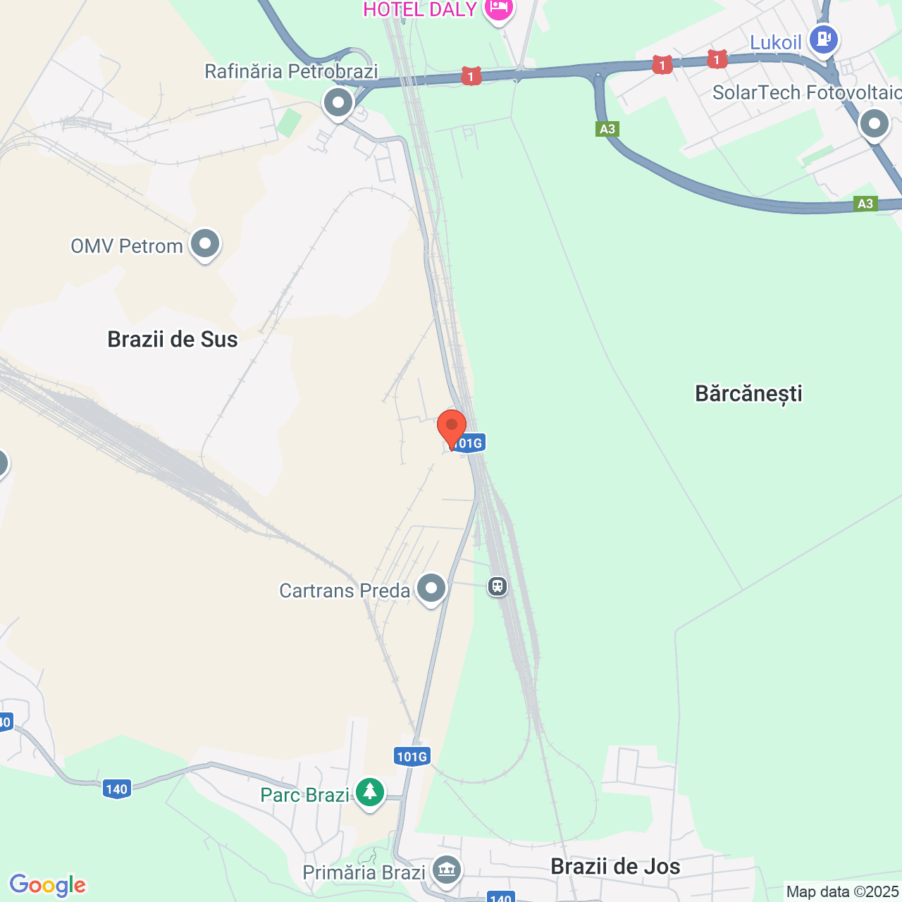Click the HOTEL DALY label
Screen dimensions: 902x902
coord(420,9)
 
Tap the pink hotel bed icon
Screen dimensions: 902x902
coord(499,8)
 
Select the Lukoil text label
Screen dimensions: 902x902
coord(775,42)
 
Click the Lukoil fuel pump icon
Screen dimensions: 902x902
coord(823,39)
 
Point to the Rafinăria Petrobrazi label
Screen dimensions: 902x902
coord(291,71)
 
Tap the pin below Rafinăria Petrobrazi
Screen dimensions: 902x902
coord(338,104)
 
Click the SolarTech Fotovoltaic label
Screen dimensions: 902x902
coord(806,92)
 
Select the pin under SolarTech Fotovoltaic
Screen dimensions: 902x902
coord(875,125)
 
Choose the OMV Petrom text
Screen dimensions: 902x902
coord(127,246)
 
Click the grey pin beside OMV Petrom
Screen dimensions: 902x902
coord(205,245)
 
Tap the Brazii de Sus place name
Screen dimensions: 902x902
coord(173,339)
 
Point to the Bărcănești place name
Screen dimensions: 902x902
coord(748,393)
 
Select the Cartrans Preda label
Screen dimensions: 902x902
coord(345,591)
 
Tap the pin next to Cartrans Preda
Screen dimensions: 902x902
coord(431,588)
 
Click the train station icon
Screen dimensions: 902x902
coord(498,586)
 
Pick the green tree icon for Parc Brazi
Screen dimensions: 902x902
coord(369,792)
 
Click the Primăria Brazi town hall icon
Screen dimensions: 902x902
coord(445,870)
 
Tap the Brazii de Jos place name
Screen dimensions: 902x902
coord(615,866)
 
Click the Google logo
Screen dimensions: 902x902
coord(48,885)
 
